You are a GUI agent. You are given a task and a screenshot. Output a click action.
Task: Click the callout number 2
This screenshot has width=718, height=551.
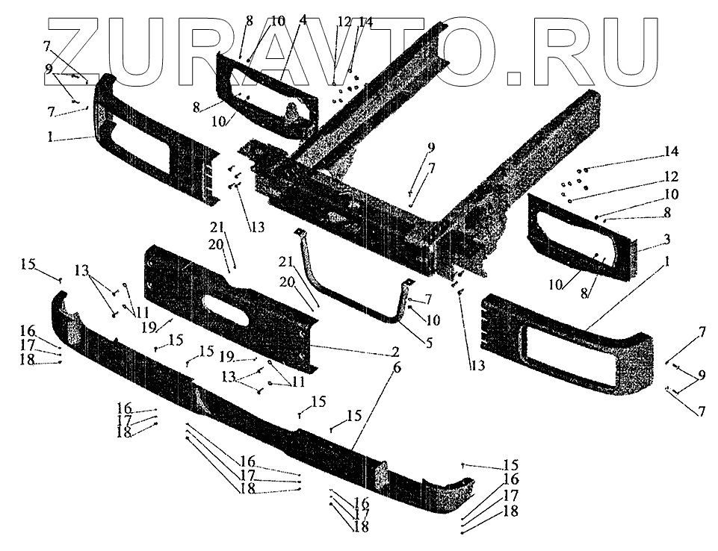coord(395,350)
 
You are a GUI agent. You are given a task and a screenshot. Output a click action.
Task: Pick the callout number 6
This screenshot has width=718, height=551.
coord(395,367)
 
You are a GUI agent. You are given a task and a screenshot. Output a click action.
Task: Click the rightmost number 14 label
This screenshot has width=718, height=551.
coord(670,152)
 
